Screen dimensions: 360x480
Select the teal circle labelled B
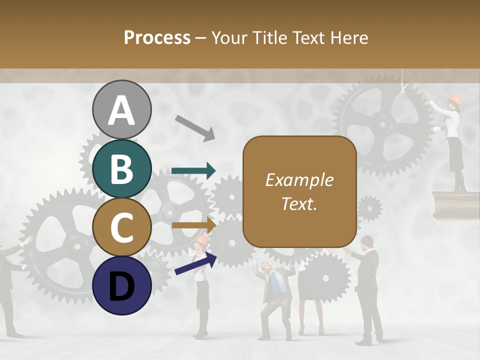tap(121, 168)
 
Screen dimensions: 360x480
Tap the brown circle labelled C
tap(121, 227)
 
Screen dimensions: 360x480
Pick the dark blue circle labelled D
tap(121, 285)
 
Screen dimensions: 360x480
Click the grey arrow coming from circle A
tap(195, 127)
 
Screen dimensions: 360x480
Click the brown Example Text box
tap(299, 191)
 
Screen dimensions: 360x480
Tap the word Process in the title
tap(157, 37)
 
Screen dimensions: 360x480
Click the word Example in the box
tap(299, 180)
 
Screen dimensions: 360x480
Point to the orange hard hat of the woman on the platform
tap(454, 98)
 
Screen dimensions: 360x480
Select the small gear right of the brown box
tap(369, 207)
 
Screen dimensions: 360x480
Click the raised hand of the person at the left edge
tap(27, 240)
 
